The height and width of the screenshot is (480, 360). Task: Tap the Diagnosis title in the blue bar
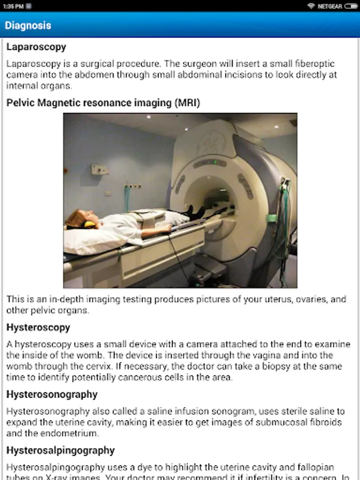click(x=28, y=25)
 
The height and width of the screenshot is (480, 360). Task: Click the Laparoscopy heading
click(x=36, y=47)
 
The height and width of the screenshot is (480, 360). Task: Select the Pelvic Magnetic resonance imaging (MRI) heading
click(x=103, y=103)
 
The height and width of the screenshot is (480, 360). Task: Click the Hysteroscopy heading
click(x=38, y=327)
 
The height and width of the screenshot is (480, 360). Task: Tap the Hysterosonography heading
click(x=52, y=394)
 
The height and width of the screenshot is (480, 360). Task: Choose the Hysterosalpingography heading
click(x=60, y=450)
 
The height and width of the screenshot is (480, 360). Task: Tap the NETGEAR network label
click(x=330, y=6)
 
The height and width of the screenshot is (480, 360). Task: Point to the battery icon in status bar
click(x=351, y=6)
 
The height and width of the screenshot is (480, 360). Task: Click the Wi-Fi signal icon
click(x=311, y=6)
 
